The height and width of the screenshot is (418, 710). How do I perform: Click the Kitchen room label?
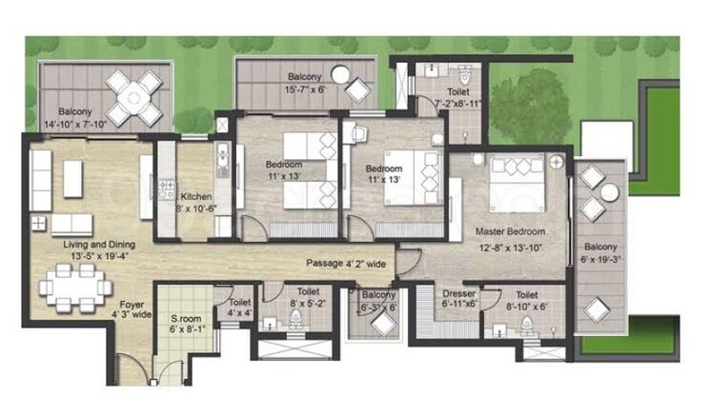click(195, 197)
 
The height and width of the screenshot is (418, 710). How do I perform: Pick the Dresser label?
click(458, 294)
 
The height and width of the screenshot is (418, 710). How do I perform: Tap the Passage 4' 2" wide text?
click(346, 263)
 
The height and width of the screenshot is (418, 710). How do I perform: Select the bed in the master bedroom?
click(520, 180)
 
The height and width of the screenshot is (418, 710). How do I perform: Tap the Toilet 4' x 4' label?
click(240, 307)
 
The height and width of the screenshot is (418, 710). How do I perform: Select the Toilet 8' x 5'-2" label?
click(308, 298)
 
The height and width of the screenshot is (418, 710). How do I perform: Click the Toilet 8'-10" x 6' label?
click(527, 300)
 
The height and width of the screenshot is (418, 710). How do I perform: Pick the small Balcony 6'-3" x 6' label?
click(378, 300)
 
